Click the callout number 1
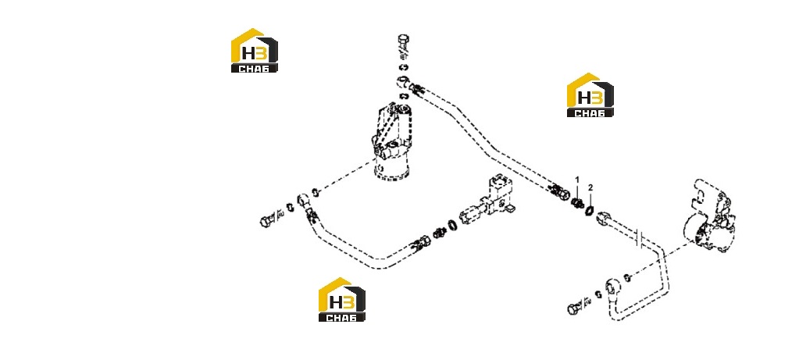[x=577, y=180]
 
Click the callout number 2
[x=590, y=187]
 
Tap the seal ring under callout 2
[x=590, y=210]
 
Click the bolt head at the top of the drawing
[x=402, y=39]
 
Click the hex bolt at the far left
[x=266, y=221]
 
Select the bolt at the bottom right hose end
[x=574, y=308]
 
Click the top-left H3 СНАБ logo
[x=255, y=51]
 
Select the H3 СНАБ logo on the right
[x=590, y=94]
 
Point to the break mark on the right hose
[x=641, y=238]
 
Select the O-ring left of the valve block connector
[x=452, y=225]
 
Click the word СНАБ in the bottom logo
[x=341, y=318]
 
